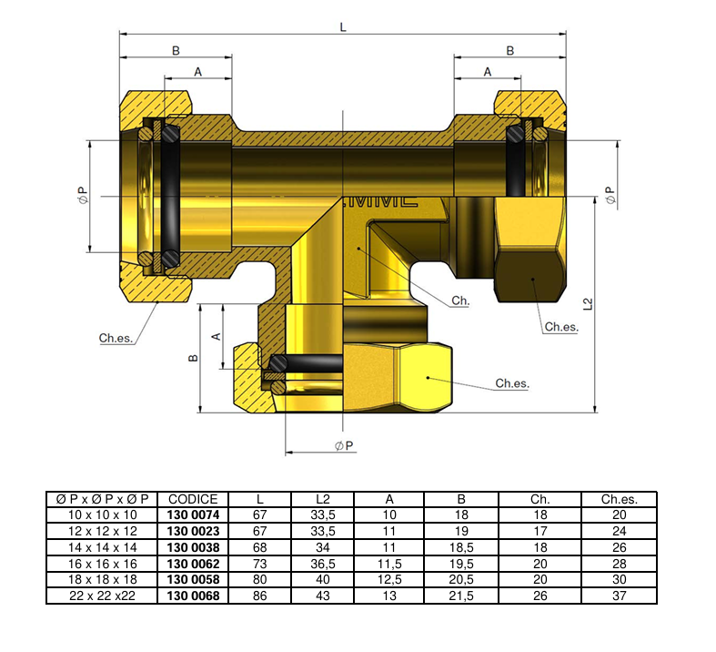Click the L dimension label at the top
point(343,27)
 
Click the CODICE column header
point(193,499)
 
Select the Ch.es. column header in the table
point(619,499)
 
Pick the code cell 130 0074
point(193,514)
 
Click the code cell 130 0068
point(193,596)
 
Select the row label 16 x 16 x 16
point(102,564)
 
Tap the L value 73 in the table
point(260,564)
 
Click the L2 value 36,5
point(322,564)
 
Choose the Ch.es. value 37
point(619,596)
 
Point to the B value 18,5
point(461,547)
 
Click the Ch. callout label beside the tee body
point(460,300)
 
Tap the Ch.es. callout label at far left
point(116,338)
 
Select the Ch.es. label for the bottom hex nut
point(511,384)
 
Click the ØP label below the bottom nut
point(344,445)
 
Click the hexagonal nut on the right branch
point(530,250)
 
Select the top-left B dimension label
point(176,51)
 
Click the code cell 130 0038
point(193,547)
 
